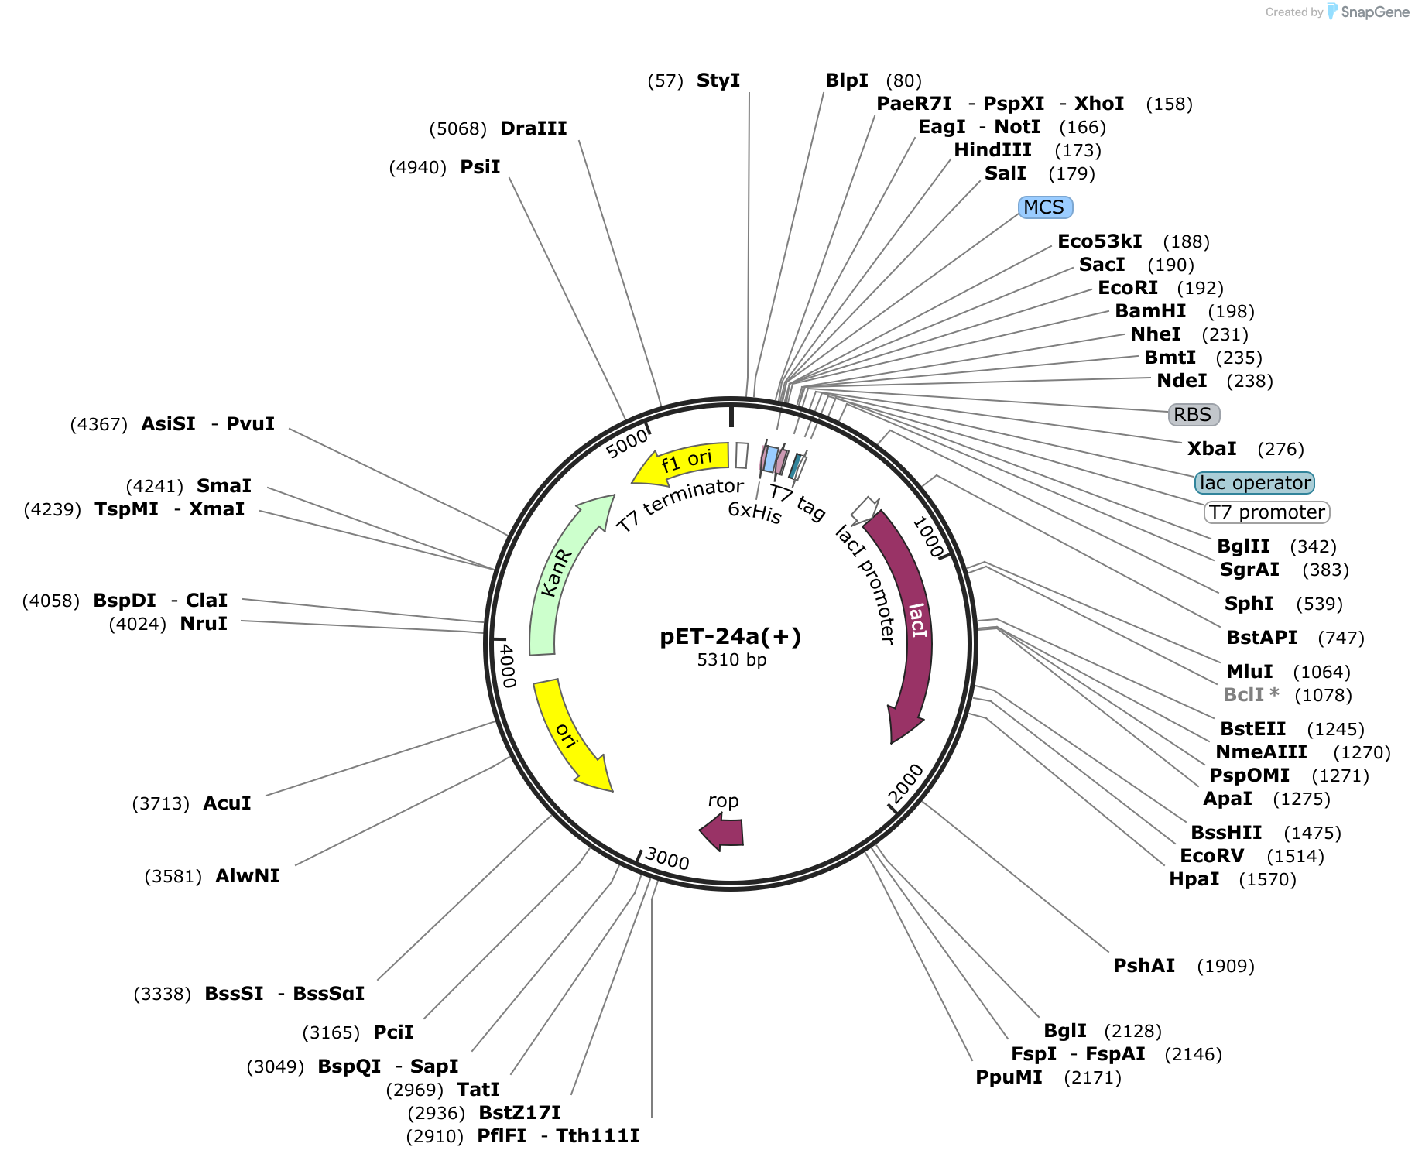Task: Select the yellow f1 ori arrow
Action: click(x=681, y=463)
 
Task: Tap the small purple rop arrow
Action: click(x=722, y=834)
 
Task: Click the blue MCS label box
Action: click(x=1045, y=207)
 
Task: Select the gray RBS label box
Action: click(x=1194, y=415)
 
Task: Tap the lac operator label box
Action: click(x=1254, y=483)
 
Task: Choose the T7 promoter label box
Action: click(x=1266, y=512)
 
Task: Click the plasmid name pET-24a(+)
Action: click(x=731, y=636)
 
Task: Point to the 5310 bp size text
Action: click(x=731, y=660)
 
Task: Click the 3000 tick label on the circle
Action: click(x=666, y=858)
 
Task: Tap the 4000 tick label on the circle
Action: click(x=508, y=665)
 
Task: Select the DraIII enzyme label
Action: click(x=533, y=128)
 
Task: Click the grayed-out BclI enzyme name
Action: click(x=1244, y=695)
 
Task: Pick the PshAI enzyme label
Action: click(x=1144, y=966)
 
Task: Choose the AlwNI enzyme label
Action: click(x=247, y=876)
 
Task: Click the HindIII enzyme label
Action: click(x=992, y=150)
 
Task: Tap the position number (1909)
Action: click(x=1226, y=967)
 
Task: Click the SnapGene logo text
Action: click(x=1376, y=12)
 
